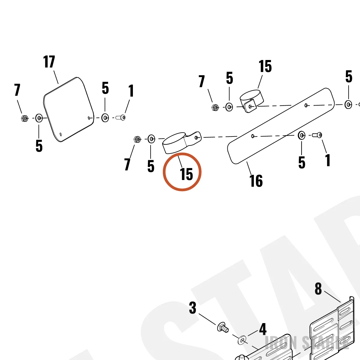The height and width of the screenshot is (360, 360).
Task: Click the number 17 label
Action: click(x=49, y=62)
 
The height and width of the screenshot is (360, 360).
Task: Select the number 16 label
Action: click(x=256, y=181)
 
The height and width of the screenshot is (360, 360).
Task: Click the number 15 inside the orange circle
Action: click(x=186, y=174)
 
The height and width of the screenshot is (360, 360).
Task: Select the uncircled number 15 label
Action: click(x=265, y=66)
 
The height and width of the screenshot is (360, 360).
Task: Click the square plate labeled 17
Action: click(x=69, y=109)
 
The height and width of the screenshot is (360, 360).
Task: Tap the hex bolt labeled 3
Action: click(x=223, y=332)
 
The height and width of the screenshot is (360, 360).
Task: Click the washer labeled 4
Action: click(x=242, y=340)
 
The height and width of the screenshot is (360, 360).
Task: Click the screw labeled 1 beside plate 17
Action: click(x=121, y=118)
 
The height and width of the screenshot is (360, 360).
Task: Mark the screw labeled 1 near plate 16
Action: click(x=317, y=135)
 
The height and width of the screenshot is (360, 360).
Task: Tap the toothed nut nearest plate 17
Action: click(x=25, y=118)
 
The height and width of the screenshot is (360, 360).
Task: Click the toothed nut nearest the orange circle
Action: click(x=137, y=139)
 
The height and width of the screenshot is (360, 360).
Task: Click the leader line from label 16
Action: click(x=250, y=168)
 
